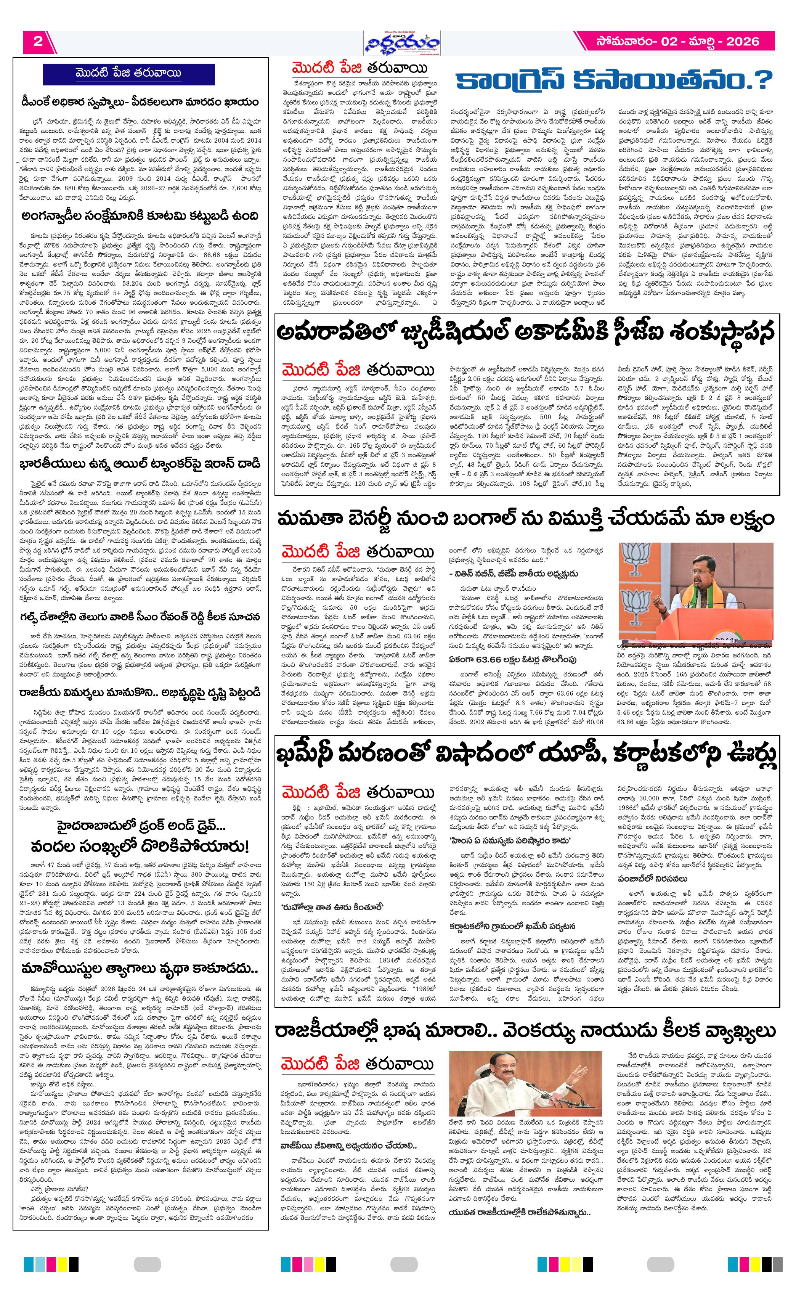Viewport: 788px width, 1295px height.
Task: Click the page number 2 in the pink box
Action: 37,42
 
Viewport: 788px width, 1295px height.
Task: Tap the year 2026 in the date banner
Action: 742,42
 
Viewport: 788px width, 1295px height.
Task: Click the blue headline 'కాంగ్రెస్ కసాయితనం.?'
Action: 614,82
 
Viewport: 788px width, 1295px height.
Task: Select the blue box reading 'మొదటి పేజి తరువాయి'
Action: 129,74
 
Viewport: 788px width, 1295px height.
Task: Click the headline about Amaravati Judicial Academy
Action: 526,333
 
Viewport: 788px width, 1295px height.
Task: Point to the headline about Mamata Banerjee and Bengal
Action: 525,518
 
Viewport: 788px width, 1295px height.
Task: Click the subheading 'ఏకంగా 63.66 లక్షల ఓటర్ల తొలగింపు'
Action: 512,659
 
